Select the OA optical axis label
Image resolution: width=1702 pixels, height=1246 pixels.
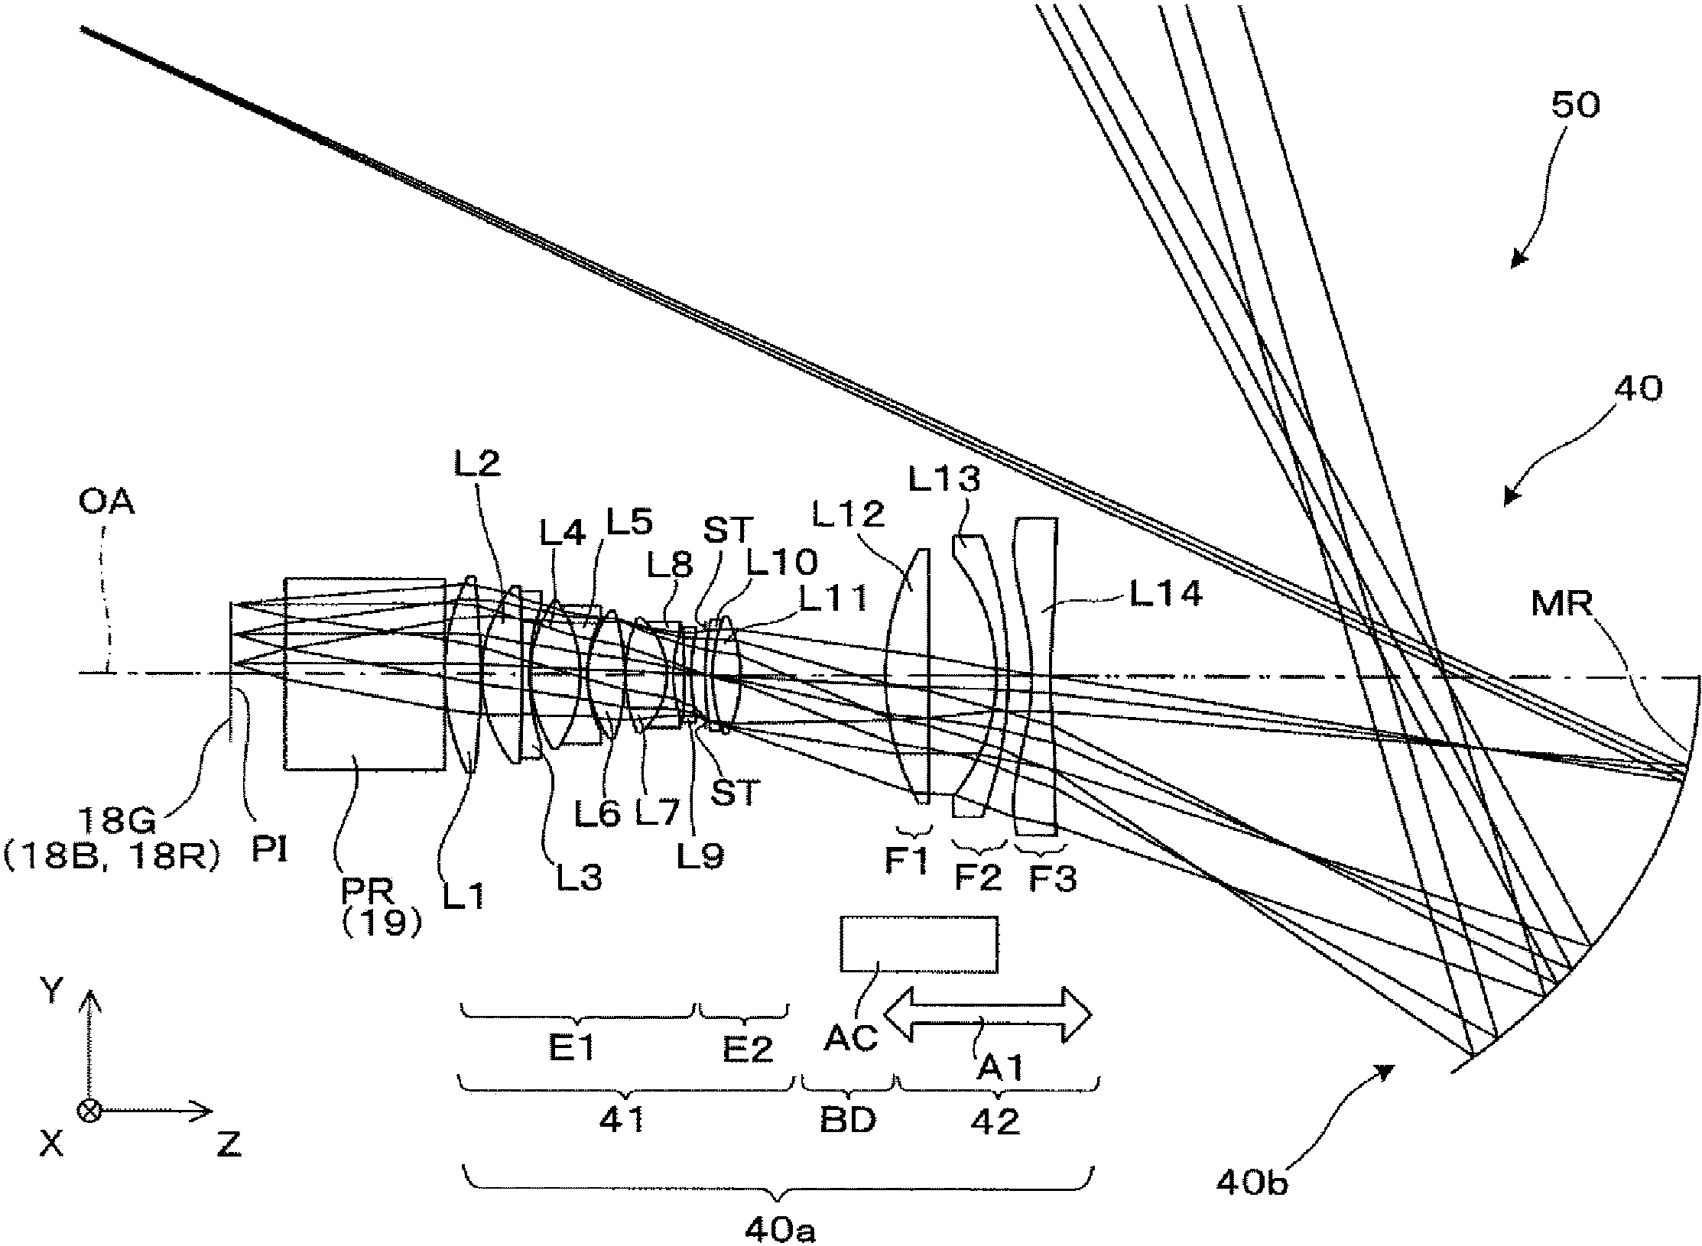[107, 503]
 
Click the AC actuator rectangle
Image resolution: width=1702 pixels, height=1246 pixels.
[918, 945]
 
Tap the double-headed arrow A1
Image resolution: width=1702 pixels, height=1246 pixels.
[988, 1015]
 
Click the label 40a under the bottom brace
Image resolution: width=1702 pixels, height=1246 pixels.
[779, 1231]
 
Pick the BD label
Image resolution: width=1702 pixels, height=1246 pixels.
[848, 1121]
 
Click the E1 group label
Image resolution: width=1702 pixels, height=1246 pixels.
[572, 1050]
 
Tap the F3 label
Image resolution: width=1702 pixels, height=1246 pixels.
[1053, 880]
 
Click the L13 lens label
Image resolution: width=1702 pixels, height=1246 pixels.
[944, 480]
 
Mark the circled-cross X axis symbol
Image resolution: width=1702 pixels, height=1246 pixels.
[90, 1111]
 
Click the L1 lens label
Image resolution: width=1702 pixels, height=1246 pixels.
[464, 894]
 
